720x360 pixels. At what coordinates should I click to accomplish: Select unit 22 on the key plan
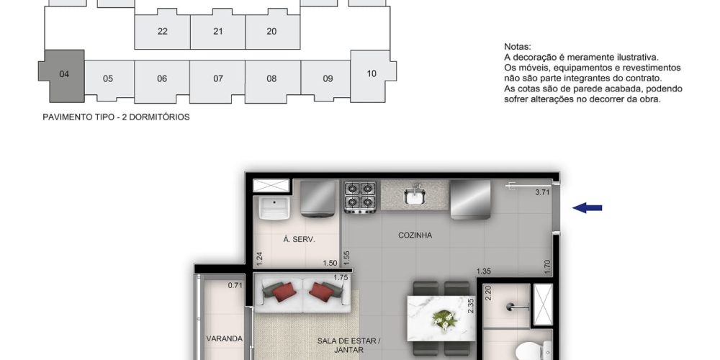click(x=162, y=31)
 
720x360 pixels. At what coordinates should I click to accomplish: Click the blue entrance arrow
click(x=587, y=208)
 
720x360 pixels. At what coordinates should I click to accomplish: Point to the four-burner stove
click(x=360, y=197)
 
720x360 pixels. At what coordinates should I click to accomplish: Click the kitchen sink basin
click(x=414, y=196)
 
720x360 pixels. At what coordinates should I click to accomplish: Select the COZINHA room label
click(x=415, y=235)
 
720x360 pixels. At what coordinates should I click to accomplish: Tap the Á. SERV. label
click(x=299, y=239)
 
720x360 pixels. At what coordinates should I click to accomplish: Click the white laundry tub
click(x=274, y=207)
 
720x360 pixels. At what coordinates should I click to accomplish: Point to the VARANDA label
click(x=224, y=339)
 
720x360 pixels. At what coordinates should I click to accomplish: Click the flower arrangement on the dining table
click(x=444, y=319)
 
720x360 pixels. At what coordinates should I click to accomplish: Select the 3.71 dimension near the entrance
click(x=542, y=192)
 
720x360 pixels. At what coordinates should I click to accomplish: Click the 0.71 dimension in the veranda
click(x=235, y=286)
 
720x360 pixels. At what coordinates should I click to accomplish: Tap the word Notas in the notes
click(x=518, y=46)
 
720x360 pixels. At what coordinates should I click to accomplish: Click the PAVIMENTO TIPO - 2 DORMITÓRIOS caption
click(x=116, y=117)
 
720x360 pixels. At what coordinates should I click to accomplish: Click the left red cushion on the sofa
click(x=284, y=292)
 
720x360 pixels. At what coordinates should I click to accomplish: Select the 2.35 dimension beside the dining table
click(x=470, y=306)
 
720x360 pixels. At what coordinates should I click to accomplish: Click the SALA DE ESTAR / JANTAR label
click(x=349, y=346)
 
